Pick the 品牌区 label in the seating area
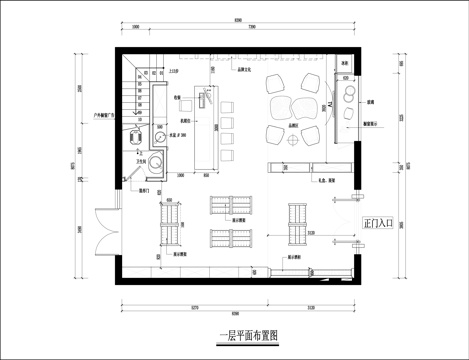[x=294, y=123]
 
